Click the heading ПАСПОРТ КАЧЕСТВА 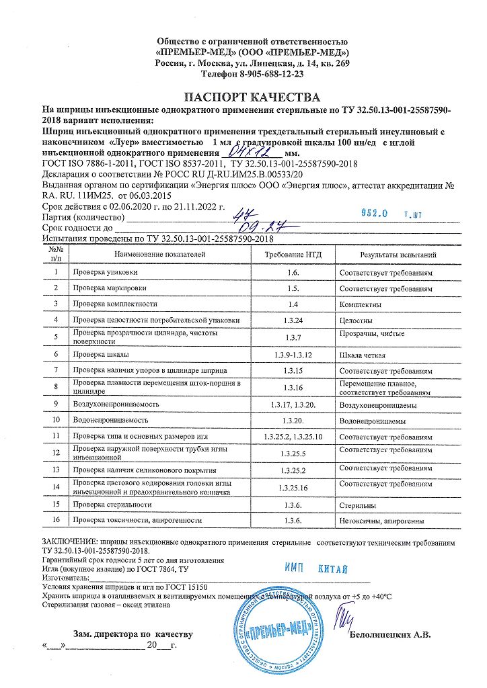(243, 97)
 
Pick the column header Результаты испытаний (398, 255)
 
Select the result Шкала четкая (363, 353)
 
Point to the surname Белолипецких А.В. (389, 634)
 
